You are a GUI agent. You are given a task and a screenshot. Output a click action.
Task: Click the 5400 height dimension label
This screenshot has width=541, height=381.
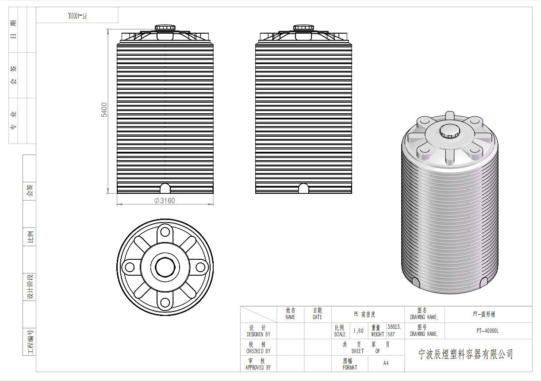coord(104,110)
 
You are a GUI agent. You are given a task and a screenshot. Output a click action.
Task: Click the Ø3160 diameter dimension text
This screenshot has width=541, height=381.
coord(165,200)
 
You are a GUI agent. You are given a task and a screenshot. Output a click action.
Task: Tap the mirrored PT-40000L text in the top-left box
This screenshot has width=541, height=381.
coord(77,16)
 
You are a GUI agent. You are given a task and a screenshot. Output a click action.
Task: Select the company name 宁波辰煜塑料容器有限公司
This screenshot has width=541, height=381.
coord(465,354)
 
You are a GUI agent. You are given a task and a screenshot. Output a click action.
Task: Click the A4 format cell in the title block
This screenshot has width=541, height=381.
coord(386,363)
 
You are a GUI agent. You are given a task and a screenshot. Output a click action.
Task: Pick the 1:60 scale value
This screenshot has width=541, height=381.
coord(358,331)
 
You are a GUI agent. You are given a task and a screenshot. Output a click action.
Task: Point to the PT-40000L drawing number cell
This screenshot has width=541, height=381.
coord(487,331)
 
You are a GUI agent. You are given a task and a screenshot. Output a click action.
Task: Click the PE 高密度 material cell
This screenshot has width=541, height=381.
coord(365,314)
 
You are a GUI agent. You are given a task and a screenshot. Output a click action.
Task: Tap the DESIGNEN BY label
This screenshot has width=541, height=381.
coord(258,335)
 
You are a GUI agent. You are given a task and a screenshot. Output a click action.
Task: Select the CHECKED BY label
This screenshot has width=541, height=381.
coord(258,351)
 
